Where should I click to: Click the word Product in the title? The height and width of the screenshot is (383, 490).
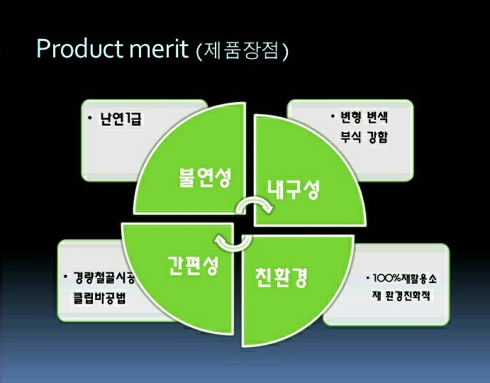(79, 48)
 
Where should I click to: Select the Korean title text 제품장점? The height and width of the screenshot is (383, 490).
(240, 50)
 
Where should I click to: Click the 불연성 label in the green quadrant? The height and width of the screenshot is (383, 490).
(205, 177)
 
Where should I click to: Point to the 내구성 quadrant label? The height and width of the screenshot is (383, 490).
(294, 189)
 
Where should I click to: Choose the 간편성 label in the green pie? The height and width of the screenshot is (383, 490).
(193, 265)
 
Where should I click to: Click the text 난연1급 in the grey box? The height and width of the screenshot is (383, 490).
(121, 119)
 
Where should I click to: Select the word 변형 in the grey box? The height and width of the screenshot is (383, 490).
(350, 117)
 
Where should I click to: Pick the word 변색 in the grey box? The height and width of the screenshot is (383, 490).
(377, 117)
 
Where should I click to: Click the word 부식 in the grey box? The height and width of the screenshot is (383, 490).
(350, 137)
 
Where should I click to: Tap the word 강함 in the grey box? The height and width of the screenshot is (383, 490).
(377, 137)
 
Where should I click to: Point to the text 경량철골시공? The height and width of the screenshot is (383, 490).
(104, 277)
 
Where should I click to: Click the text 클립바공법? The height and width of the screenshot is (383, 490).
(99, 298)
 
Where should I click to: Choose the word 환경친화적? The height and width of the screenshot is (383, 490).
(408, 295)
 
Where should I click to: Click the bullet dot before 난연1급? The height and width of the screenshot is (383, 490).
(90, 118)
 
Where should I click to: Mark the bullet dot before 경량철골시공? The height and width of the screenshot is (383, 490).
(65, 277)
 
